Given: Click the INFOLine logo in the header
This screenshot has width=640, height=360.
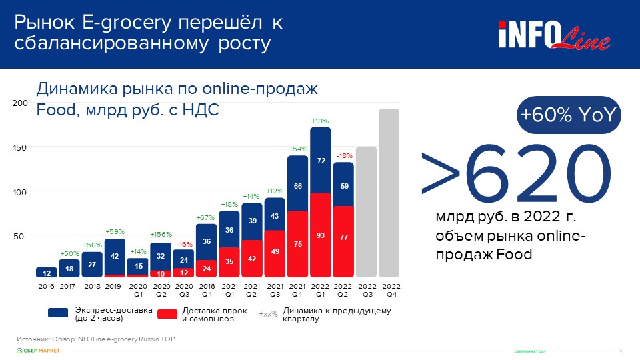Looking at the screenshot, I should pyautogui.click(x=553, y=35).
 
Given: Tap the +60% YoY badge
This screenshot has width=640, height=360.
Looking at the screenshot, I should pyautogui.click(x=569, y=115).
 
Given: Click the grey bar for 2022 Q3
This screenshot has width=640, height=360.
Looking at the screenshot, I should pyautogui.click(x=366, y=211).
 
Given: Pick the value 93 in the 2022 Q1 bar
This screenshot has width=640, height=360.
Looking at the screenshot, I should pyautogui.click(x=321, y=236).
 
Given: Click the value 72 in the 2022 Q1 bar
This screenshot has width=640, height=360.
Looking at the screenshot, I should pyautogui.click(x=321, y=161).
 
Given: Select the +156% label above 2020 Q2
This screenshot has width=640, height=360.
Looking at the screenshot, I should pyautogui.click(x=161, y=235).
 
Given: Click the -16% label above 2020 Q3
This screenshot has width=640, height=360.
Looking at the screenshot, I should pyautogui.click(x=185, y=244).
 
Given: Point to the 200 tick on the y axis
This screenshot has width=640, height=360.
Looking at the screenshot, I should pyautogui.click(x=20, y=103).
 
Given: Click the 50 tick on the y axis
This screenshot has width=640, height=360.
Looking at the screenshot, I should pyautogui.click(x=22, y=236).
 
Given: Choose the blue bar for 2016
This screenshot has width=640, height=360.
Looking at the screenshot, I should pyautogui.click(x=46, y=272).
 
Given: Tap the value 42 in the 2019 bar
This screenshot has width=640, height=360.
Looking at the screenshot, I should pyautogui.click(x=115, y=256).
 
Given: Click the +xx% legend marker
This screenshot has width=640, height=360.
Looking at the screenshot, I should pyautogui.click(x=268, y=314).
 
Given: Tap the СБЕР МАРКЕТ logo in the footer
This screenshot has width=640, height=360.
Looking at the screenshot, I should pyautogui.click(x=38, y=351).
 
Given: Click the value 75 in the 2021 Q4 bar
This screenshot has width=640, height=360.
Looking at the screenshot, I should pyautogui.click(x=298, y=244).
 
